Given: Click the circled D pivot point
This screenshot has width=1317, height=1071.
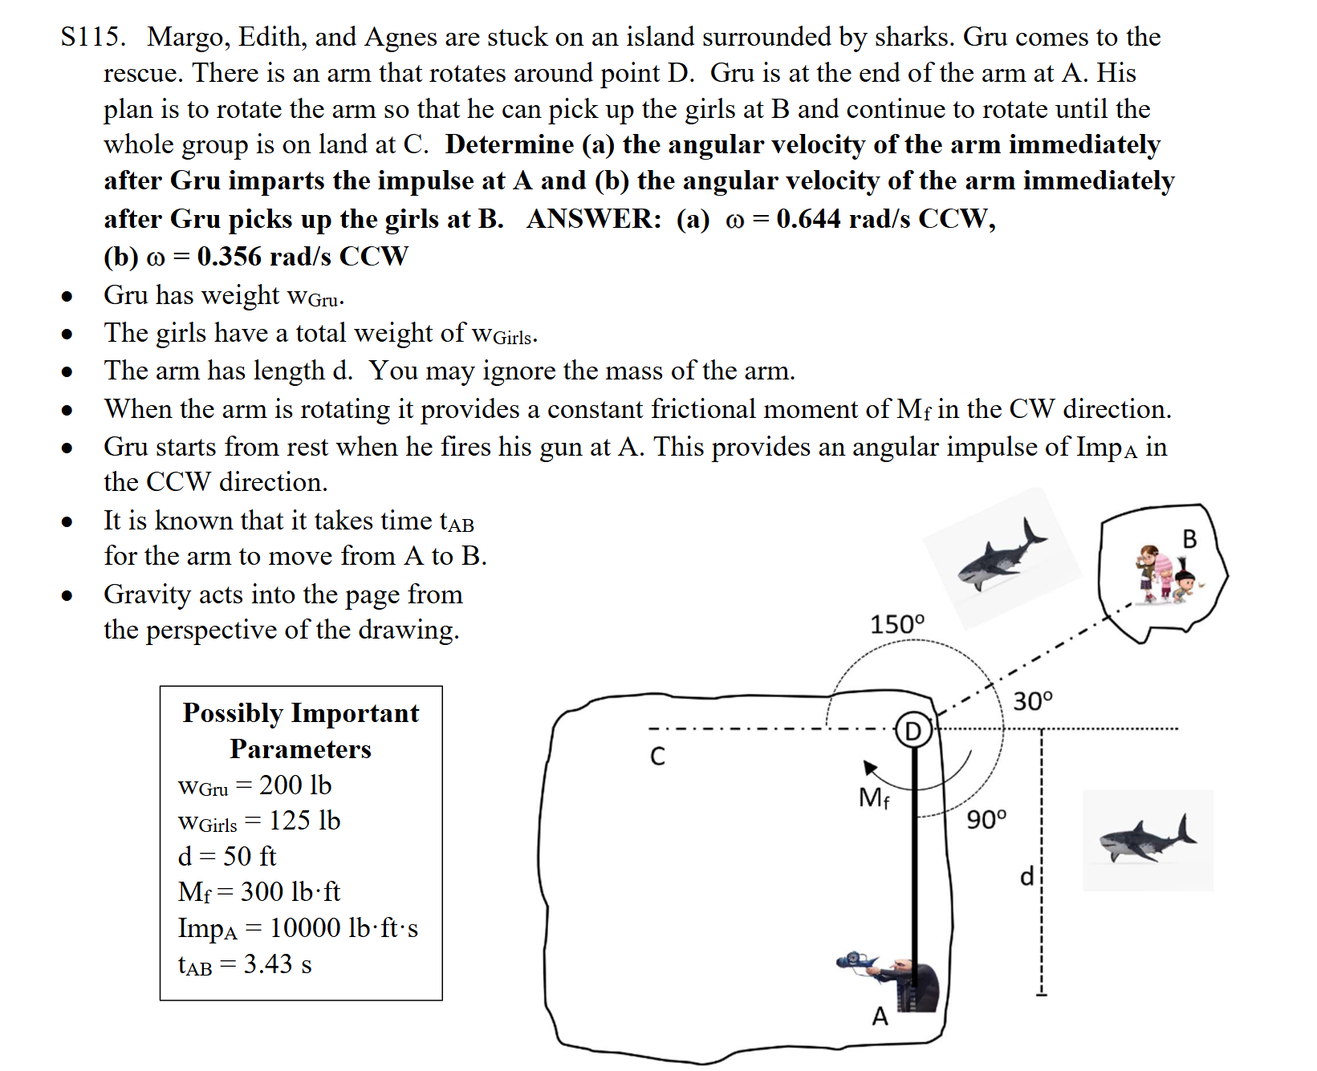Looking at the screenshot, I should click(913, 730).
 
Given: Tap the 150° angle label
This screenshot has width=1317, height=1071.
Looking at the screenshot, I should click(897, 624).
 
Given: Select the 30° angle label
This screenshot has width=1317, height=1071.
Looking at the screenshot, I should click(1032, 701).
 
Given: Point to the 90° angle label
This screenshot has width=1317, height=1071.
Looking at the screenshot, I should click(986, 819).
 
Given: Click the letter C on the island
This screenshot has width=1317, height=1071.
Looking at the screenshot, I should click(657, 757).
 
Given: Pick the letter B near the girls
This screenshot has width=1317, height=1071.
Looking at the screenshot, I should click(1189, 539).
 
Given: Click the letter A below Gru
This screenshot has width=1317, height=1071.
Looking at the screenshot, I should click(880, 1016).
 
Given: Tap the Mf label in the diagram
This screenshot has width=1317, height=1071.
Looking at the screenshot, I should click(873, 797).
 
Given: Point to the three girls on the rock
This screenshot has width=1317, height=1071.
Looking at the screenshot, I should click(1165, 574).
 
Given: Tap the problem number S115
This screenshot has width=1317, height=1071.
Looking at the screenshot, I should click(93, 37).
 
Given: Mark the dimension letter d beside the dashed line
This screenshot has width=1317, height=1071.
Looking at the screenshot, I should click(1026, 875).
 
